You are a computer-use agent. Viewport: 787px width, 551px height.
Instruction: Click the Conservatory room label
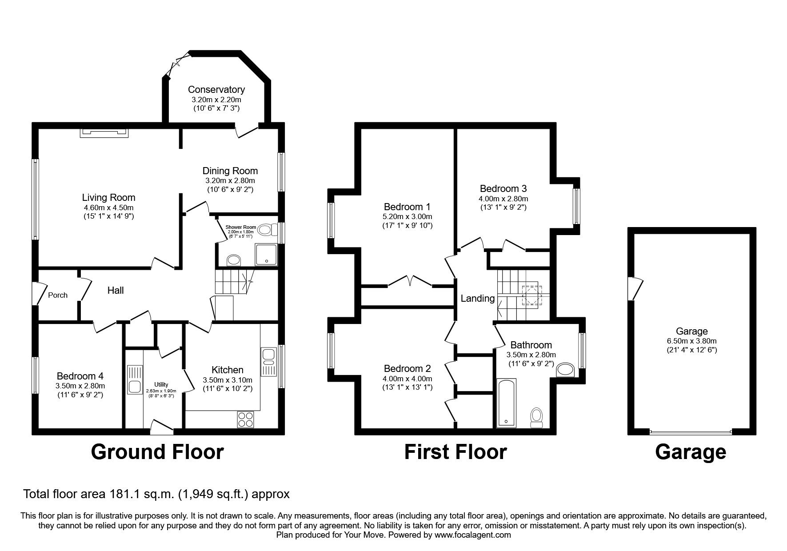[x=216, y=90]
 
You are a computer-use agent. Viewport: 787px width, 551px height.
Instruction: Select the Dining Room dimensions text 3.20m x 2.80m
[x=230, y=180]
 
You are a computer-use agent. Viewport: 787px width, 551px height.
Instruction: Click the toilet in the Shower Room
[x=265, y=230]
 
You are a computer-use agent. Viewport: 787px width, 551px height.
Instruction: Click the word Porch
[x=58, y=295]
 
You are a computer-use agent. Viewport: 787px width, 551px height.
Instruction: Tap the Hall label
[x=116, y=291]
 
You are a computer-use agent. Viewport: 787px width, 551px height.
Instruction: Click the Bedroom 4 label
[x=80, y=376]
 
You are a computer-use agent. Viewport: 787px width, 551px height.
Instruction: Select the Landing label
[x=477, y=299]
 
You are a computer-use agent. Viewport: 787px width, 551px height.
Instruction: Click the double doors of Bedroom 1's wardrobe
[x=410, y=282]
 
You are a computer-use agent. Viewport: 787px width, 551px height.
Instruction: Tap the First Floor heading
[x=455, y=452]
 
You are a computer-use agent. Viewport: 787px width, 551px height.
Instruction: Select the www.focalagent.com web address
[x=473, y=535]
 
